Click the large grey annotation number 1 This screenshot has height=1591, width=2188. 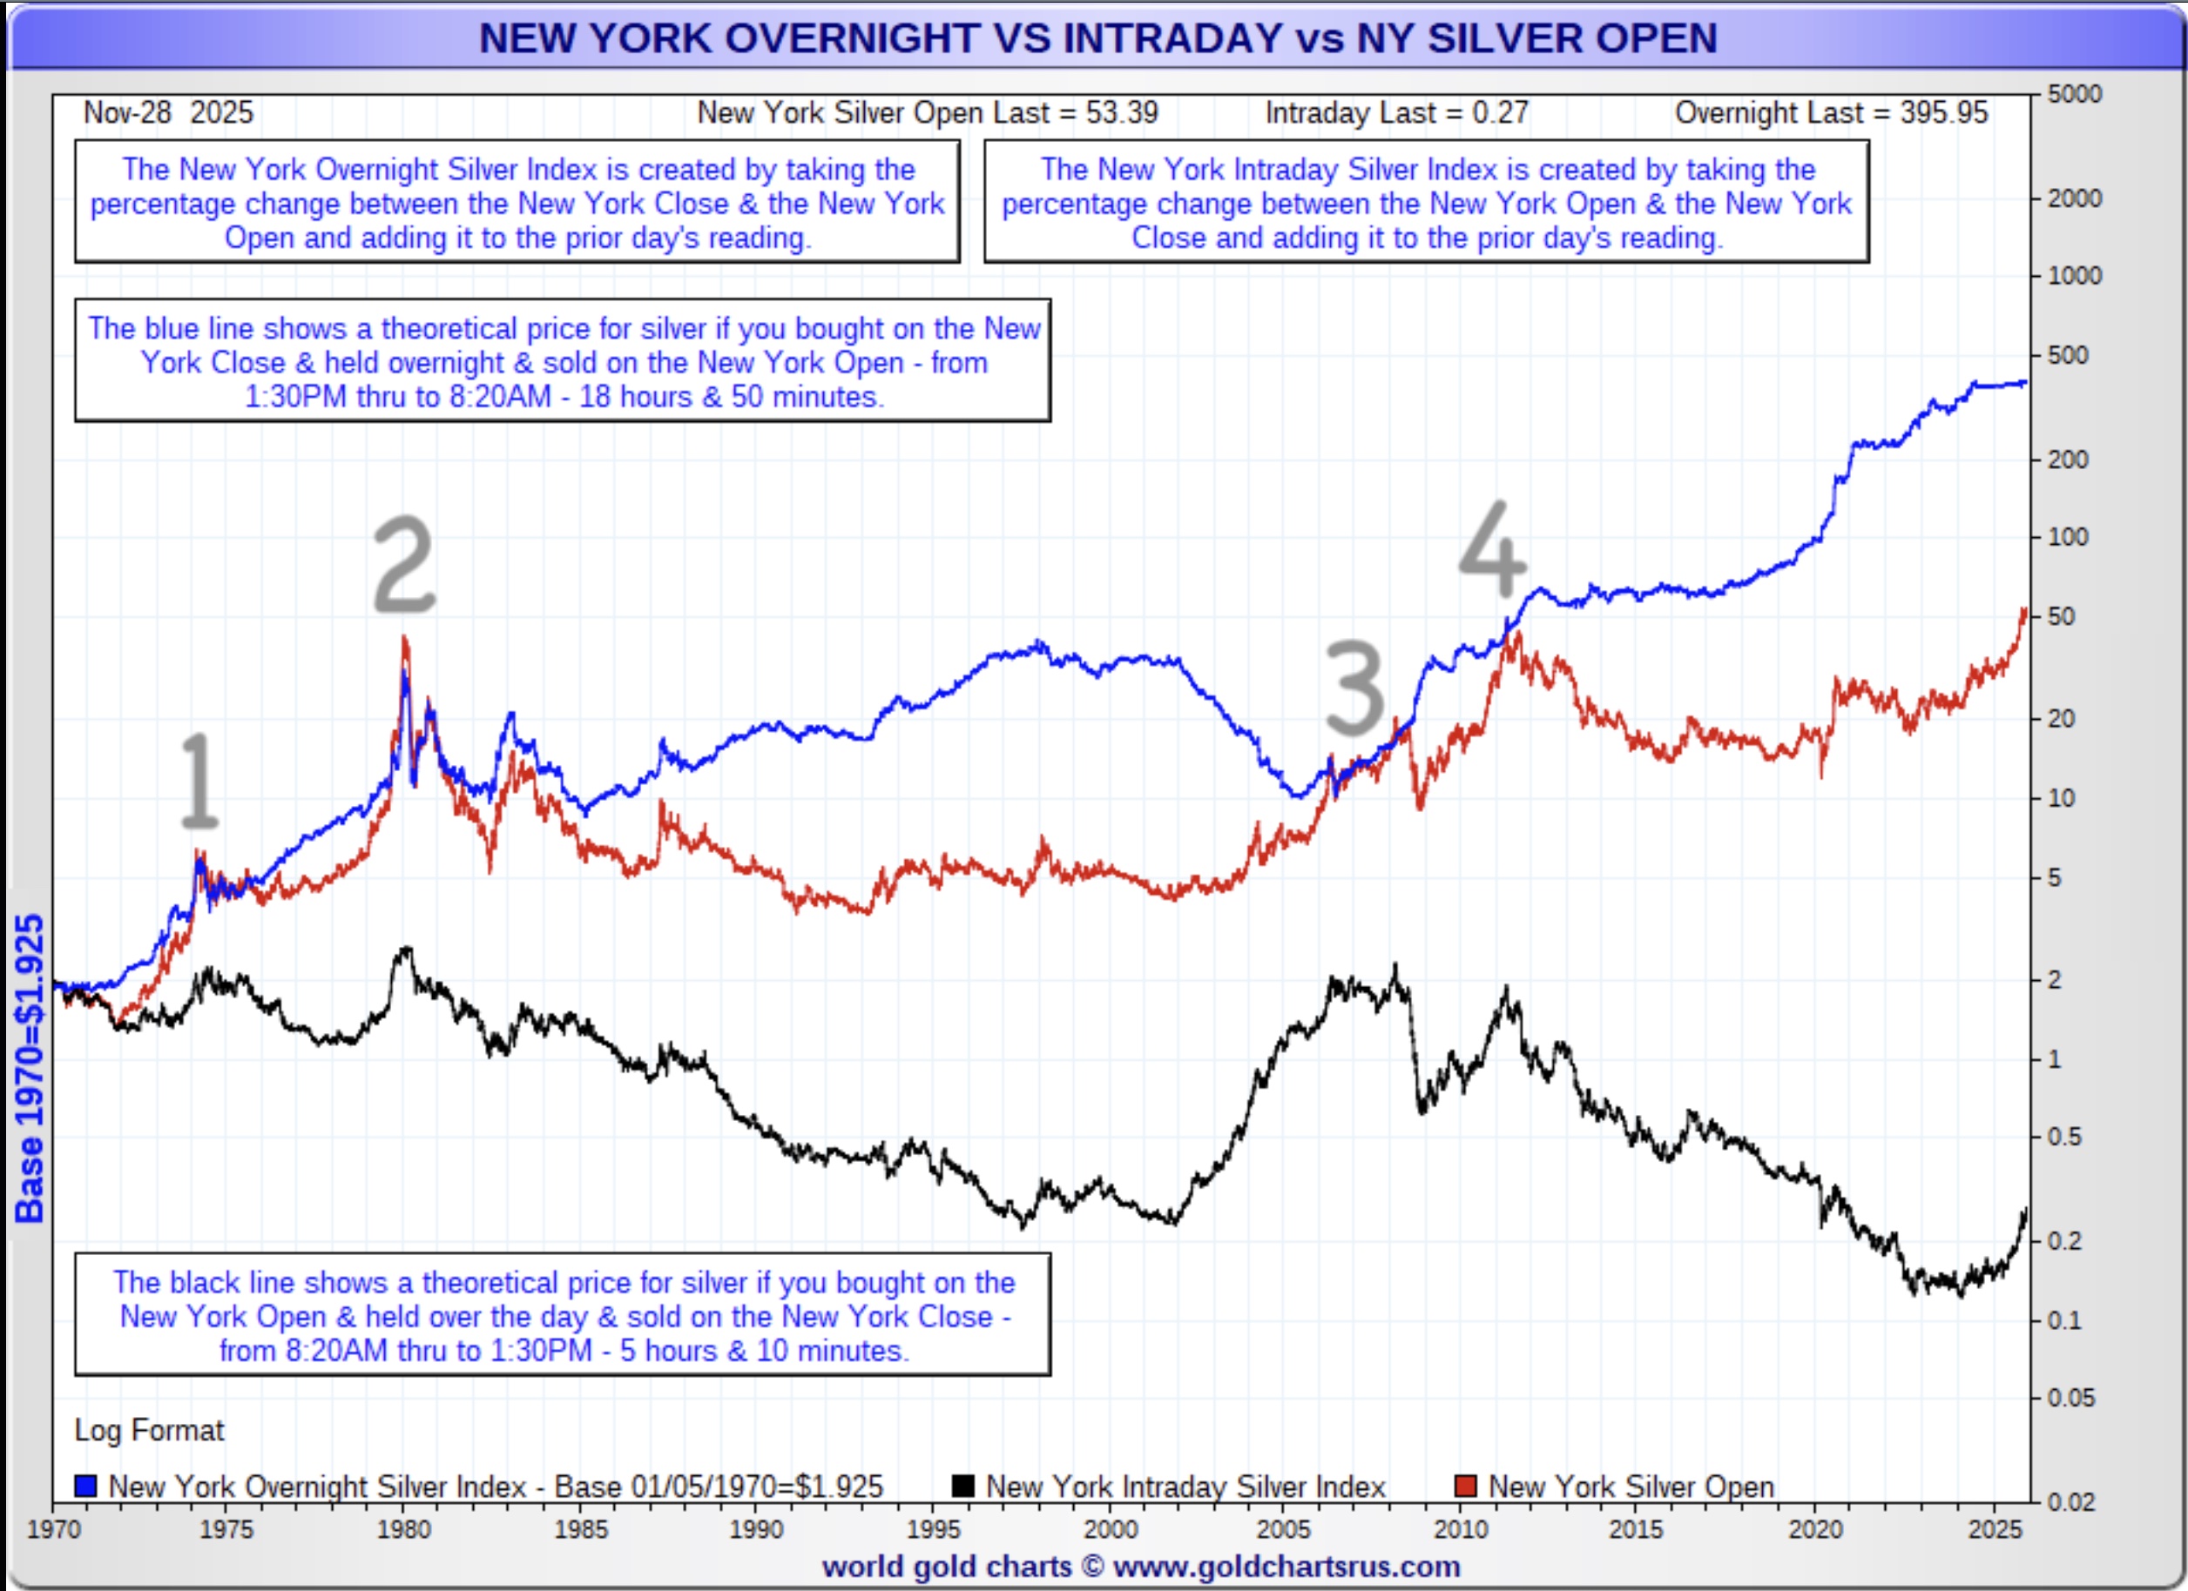click(199, 780)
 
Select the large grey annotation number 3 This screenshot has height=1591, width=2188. click(1354, 688)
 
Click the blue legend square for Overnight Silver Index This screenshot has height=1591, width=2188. click(86, 1486)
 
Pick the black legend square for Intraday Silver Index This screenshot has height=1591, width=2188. click(962, 1486)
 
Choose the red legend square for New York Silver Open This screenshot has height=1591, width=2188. click(1465, 1486)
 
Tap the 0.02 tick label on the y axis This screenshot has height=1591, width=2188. click(2070, 1501)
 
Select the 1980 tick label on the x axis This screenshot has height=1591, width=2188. click(403, 1530)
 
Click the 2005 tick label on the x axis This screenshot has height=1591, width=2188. click(1284, 1530)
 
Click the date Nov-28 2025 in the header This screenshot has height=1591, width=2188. click(168, 113)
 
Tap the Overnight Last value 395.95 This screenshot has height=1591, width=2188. click(1944, 113)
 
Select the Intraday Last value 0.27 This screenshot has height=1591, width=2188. click(1500, 113)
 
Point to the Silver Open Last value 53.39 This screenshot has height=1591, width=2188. click(1121, 113)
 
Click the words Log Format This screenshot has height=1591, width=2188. click(149, 1430)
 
